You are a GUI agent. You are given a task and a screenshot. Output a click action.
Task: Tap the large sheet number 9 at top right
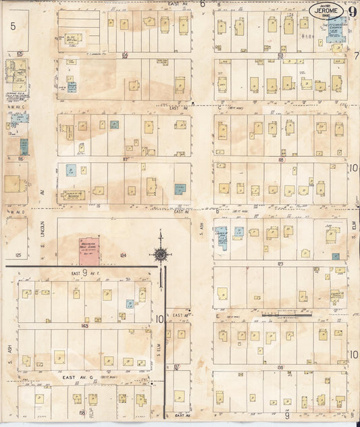353,11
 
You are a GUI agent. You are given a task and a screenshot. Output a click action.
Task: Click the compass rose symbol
161,254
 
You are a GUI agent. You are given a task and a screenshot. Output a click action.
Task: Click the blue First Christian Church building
335,31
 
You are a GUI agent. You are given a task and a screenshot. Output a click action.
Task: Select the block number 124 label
124,255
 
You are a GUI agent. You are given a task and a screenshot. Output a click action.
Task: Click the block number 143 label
85,326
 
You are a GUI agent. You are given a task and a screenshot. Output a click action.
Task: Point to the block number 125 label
18,255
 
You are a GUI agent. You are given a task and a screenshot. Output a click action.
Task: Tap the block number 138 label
280,366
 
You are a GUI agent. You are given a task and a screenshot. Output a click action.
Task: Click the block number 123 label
280,263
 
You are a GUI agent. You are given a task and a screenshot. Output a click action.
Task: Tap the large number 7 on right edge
355,55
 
